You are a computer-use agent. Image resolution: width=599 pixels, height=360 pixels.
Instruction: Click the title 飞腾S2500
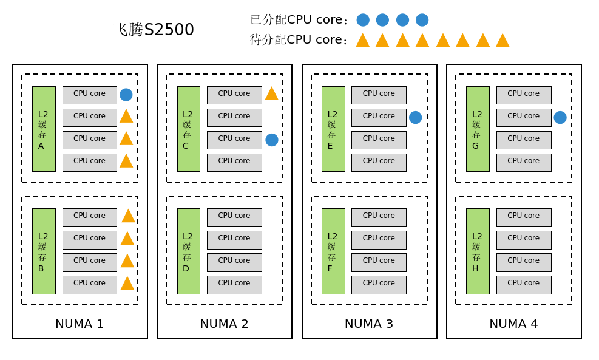(154, 29)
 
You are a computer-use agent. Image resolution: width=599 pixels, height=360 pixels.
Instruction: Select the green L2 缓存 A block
(44, 129)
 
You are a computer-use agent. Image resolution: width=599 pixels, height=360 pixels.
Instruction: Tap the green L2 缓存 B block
(44, 251)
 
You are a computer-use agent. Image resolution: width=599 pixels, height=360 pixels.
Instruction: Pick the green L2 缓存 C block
(188, 129)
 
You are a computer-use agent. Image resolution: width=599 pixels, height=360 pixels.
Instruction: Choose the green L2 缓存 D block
(188, 251)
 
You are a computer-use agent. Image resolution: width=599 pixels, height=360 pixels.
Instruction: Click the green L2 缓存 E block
(333, 129)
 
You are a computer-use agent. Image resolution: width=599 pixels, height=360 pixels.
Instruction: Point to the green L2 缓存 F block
(333, 251)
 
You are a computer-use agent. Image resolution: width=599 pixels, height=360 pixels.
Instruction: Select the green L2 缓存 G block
(478, 129)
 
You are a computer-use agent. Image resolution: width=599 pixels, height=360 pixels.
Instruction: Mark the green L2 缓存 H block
(478, 251)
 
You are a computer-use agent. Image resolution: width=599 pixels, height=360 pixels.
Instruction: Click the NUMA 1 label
(80, 324)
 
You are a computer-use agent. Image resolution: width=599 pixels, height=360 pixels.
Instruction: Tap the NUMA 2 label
(224, 324)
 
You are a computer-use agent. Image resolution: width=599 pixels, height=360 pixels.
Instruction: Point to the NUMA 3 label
(369, 324)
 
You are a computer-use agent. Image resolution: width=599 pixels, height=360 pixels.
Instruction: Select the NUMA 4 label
(513, 324)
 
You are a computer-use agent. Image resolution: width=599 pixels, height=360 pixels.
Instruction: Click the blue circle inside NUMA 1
(126, 95)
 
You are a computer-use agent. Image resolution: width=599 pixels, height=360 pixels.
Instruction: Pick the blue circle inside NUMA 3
(415, 117)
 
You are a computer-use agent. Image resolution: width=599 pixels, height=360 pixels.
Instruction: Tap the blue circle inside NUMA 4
(560, 117)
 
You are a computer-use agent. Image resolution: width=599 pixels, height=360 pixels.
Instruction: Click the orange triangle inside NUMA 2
(271, 94)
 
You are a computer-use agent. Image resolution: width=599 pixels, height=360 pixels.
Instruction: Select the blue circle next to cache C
(272, 140)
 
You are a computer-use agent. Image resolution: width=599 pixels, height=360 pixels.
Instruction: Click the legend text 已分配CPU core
(299, 19)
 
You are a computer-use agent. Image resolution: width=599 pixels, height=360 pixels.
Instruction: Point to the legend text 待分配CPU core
(299, 39)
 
